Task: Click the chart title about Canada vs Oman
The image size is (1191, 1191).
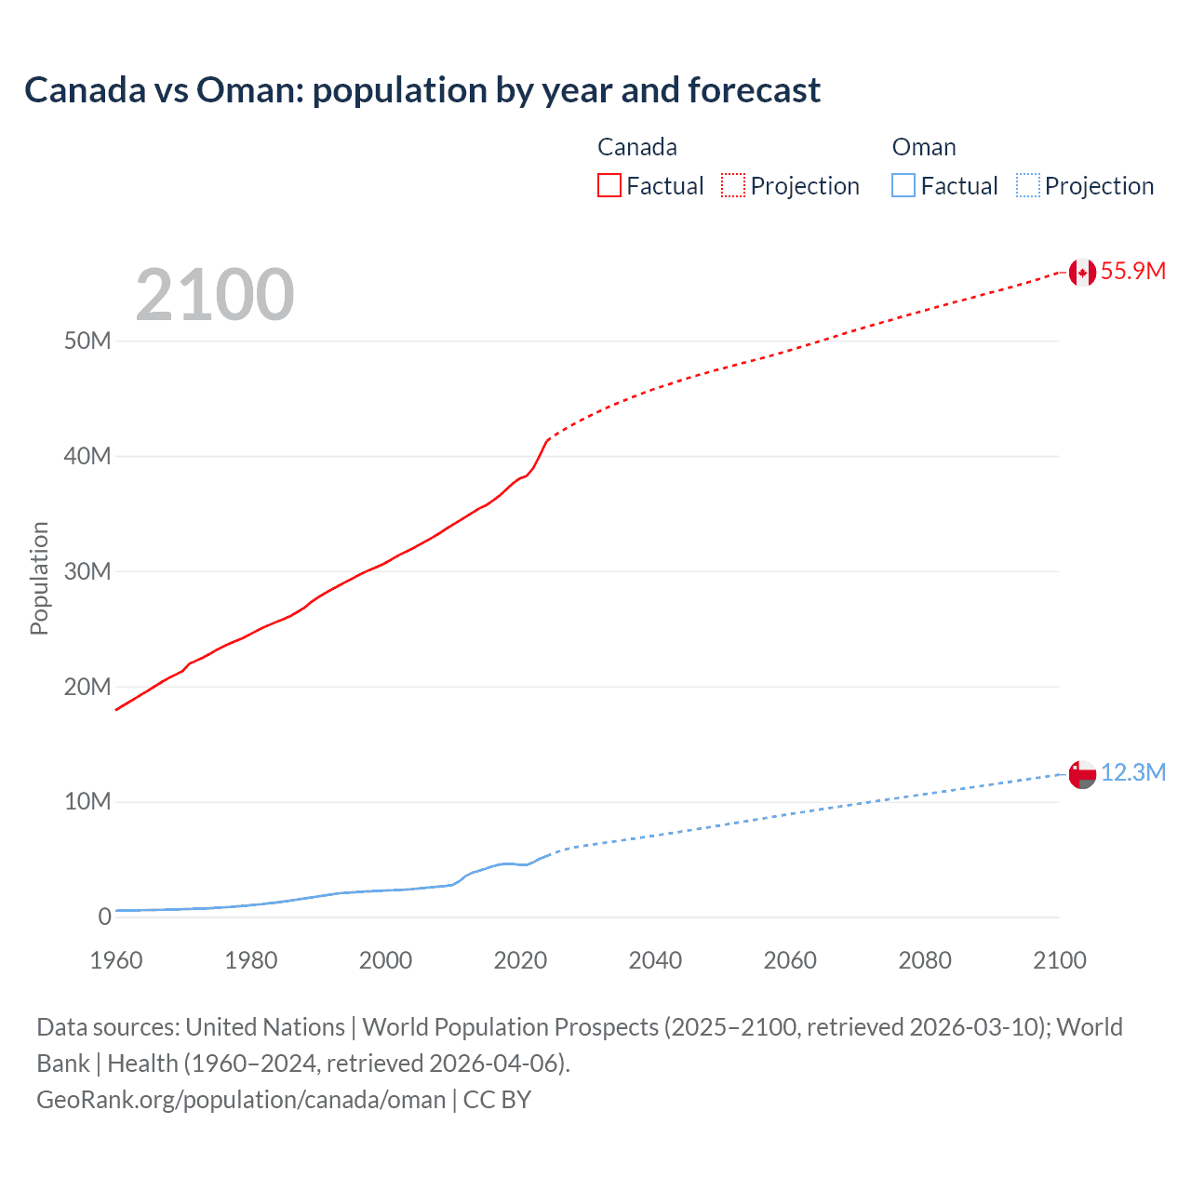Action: [x=422, y=90]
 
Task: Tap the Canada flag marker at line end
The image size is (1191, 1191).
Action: [x=1082, y=272]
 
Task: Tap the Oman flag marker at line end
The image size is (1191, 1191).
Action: [x=1082, y=774]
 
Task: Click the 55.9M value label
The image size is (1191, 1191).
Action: [x=1132, y=271]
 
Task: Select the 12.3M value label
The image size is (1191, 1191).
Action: [x=1132, y=773]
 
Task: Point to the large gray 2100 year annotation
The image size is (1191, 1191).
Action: [x=215, y=295]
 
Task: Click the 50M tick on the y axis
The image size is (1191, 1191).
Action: [x=87, y=341]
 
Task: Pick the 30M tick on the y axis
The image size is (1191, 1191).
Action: [x=87, y=571]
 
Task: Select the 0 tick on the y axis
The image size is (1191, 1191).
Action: [x=104, y=917]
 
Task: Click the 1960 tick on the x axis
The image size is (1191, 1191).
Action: [x=116, y=960]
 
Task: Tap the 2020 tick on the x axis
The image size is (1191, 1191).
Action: [x=520, y=960]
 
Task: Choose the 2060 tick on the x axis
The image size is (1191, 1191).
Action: [x=790, y=960]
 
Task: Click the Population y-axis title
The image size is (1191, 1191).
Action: [x=39, y=578]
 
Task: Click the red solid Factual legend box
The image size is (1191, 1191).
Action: [x=609, y=186]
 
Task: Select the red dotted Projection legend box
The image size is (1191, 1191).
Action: [x=733, y=186]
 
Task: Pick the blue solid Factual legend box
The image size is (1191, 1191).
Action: [x=903, y=186]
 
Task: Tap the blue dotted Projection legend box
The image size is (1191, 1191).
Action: [x=1027, y=186]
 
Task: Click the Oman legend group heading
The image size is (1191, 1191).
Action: [x=923, y=147]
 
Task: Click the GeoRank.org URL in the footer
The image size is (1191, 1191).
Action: [x=241, y=1100]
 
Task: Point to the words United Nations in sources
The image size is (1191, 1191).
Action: [x=265, y=1027]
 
